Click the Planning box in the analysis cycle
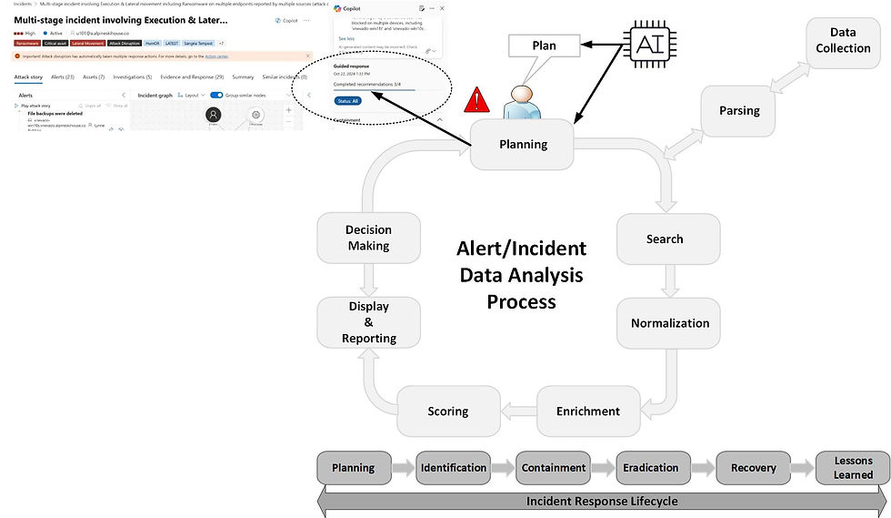point(523,144)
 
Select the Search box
point(665,239)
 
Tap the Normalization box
point(670,323)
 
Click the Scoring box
point(447,411)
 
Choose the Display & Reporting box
point(368,322)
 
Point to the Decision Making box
point(368,239)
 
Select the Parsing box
point(738,111)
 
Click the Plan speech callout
point(544,46)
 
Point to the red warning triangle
point(476,100)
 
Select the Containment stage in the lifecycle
point(554,468)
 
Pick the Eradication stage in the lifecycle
point(650,468)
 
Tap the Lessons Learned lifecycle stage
point(853,468)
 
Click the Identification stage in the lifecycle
point(453,468)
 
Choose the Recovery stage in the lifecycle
point(753,468)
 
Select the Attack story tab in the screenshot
point(27,76)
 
